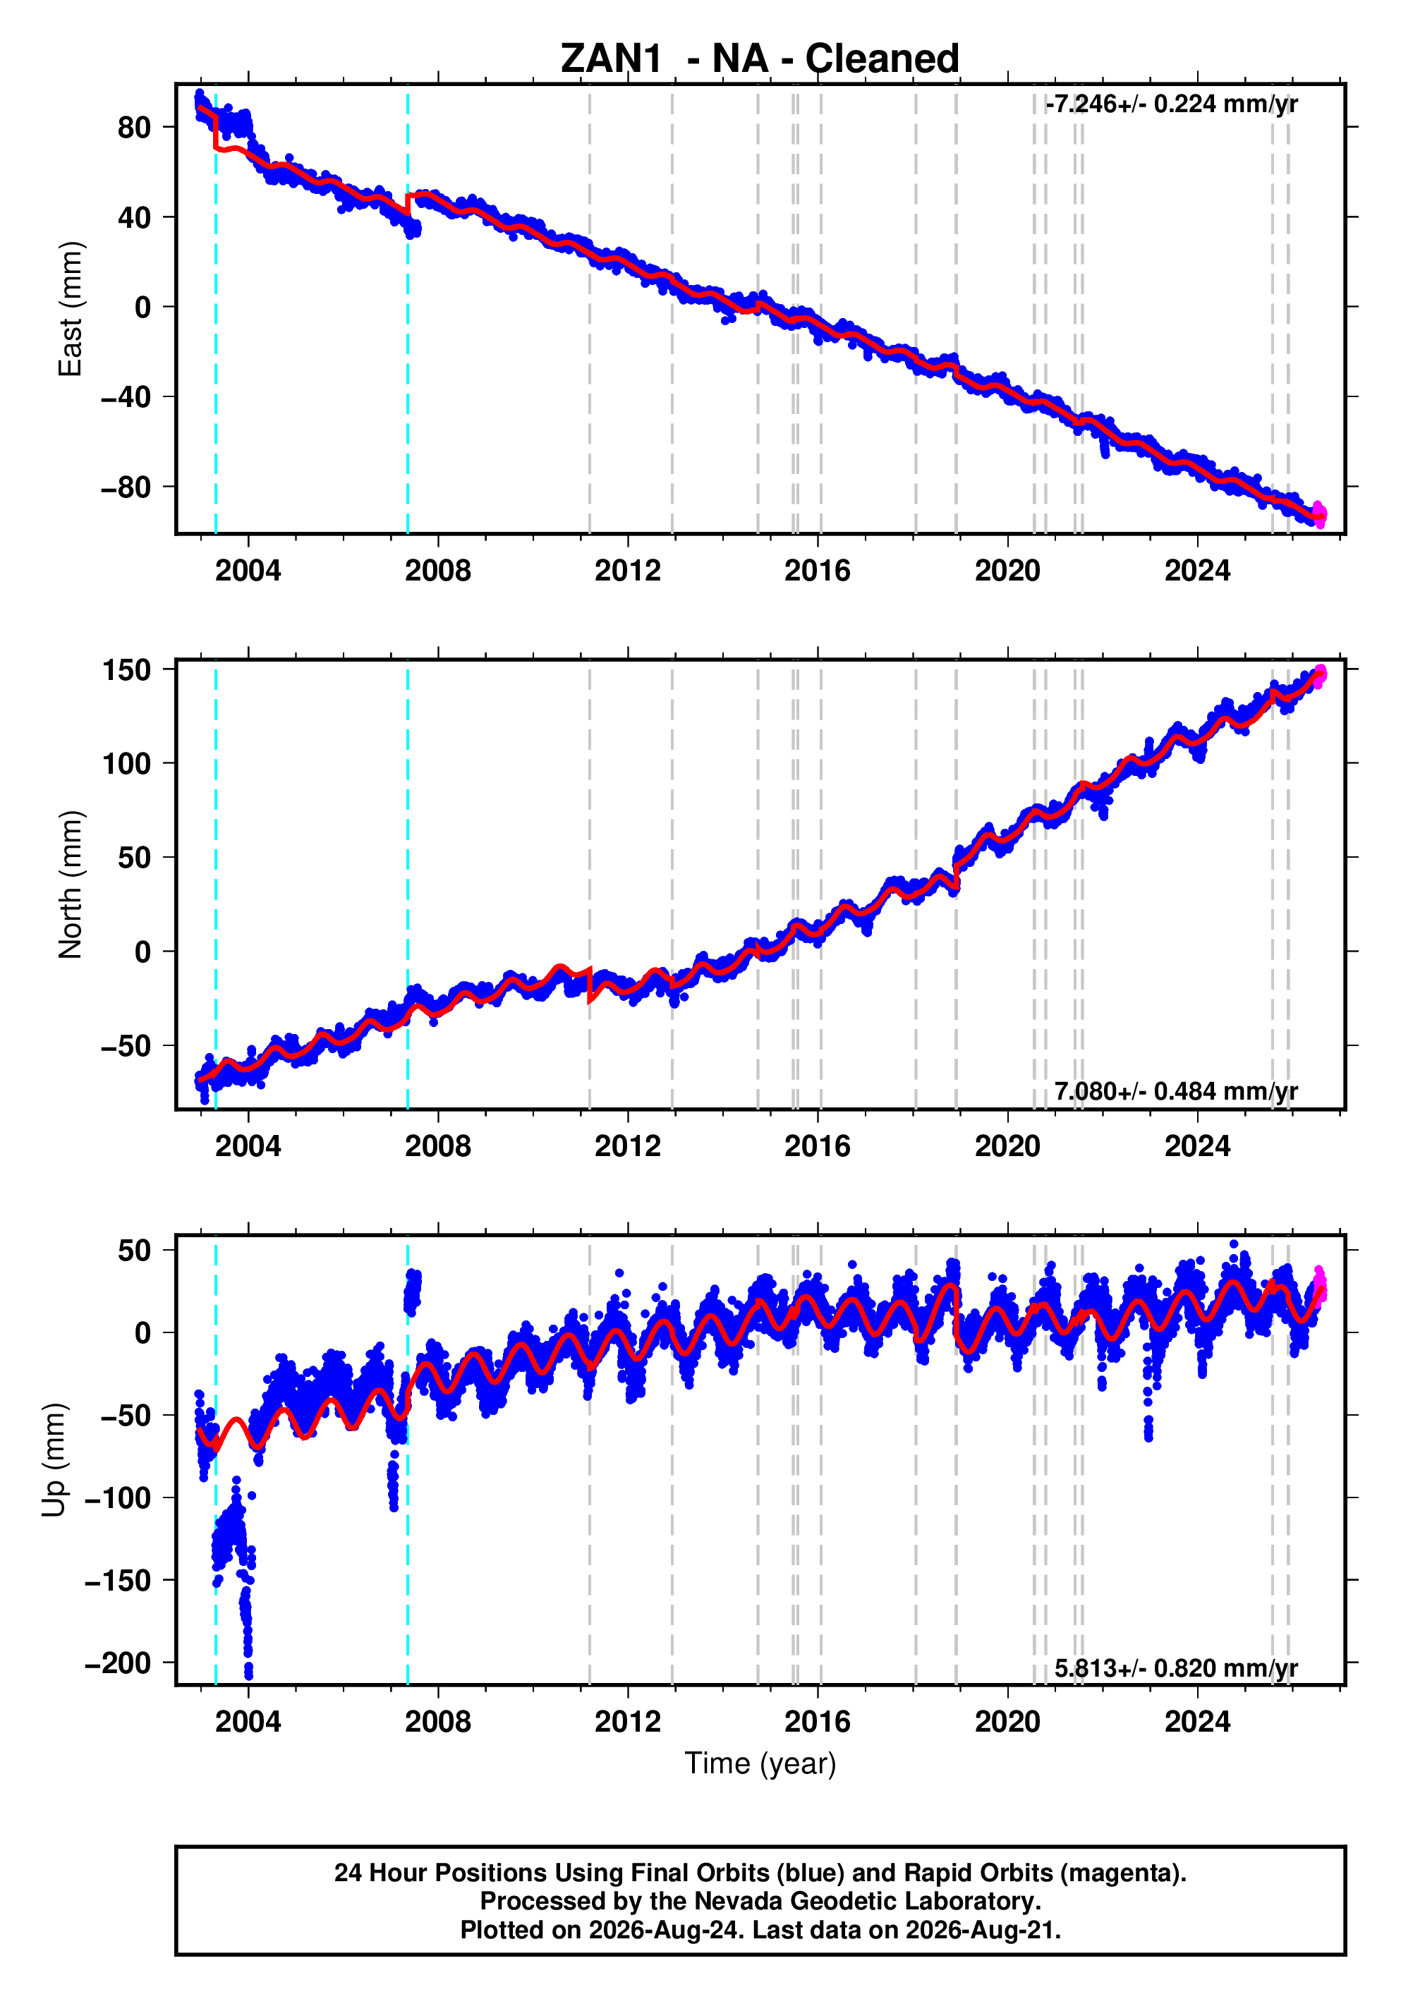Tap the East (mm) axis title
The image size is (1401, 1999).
click(x=71, y=309)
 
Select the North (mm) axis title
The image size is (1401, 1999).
click(x=71, y=885)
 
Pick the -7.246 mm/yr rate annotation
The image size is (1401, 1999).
click(x=1172, y=104)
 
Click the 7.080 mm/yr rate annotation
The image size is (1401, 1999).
click(x=1175, y=1091)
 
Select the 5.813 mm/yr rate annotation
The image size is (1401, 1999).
click(x=1175, y=1668)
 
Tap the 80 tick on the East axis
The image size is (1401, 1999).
click(x=134, y=127)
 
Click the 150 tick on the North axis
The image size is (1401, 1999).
click(x=126, y=670)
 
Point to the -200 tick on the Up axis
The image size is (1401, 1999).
click(x=119, y=1664)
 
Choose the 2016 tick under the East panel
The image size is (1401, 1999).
click(x=817, y=571)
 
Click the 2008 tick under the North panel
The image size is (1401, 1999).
click(x=437, y=1147)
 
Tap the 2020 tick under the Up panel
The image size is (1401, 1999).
click(x=1007, y=1722)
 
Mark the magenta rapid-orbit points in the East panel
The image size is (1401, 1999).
click(x=1319, y=514)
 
